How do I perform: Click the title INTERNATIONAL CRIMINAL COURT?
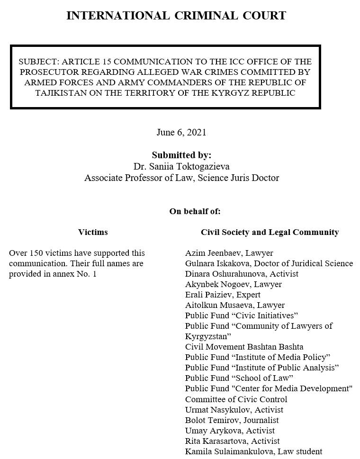pyautogui.click(x=176, y=16)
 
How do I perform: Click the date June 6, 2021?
pyautogui.click(x=181, y=132)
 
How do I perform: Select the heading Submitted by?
pyautogui.click(x=181, y=155)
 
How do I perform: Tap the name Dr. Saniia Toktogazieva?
pyautogui.click(x=181, y=167)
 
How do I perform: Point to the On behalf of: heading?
pyautogui.click(x=195, y=211)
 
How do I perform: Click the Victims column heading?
pyautogui.click(x=93, y=232)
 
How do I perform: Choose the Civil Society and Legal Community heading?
pyautogui.click(x=270, y=232)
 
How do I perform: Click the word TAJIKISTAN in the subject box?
pyautogui.click(x=61, y=93)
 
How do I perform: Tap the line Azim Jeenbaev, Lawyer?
pyautogui.click(x=229, y=253)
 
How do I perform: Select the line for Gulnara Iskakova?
pyautogui.click(x=269, y=263)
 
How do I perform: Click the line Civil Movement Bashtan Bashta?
pyautogui.click(x=244, y=347)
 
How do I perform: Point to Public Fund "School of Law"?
pyautogui.click(x=239, y=378)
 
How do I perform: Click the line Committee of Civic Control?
pyautogui.click(x=236, y=399)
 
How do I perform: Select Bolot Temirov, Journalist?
pyautogui.click(x=232, y=420)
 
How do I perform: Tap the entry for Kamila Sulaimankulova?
pyautogui.click(x=253, y=451)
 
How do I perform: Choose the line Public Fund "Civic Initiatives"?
pyautogui.click(x=241, y=315)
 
